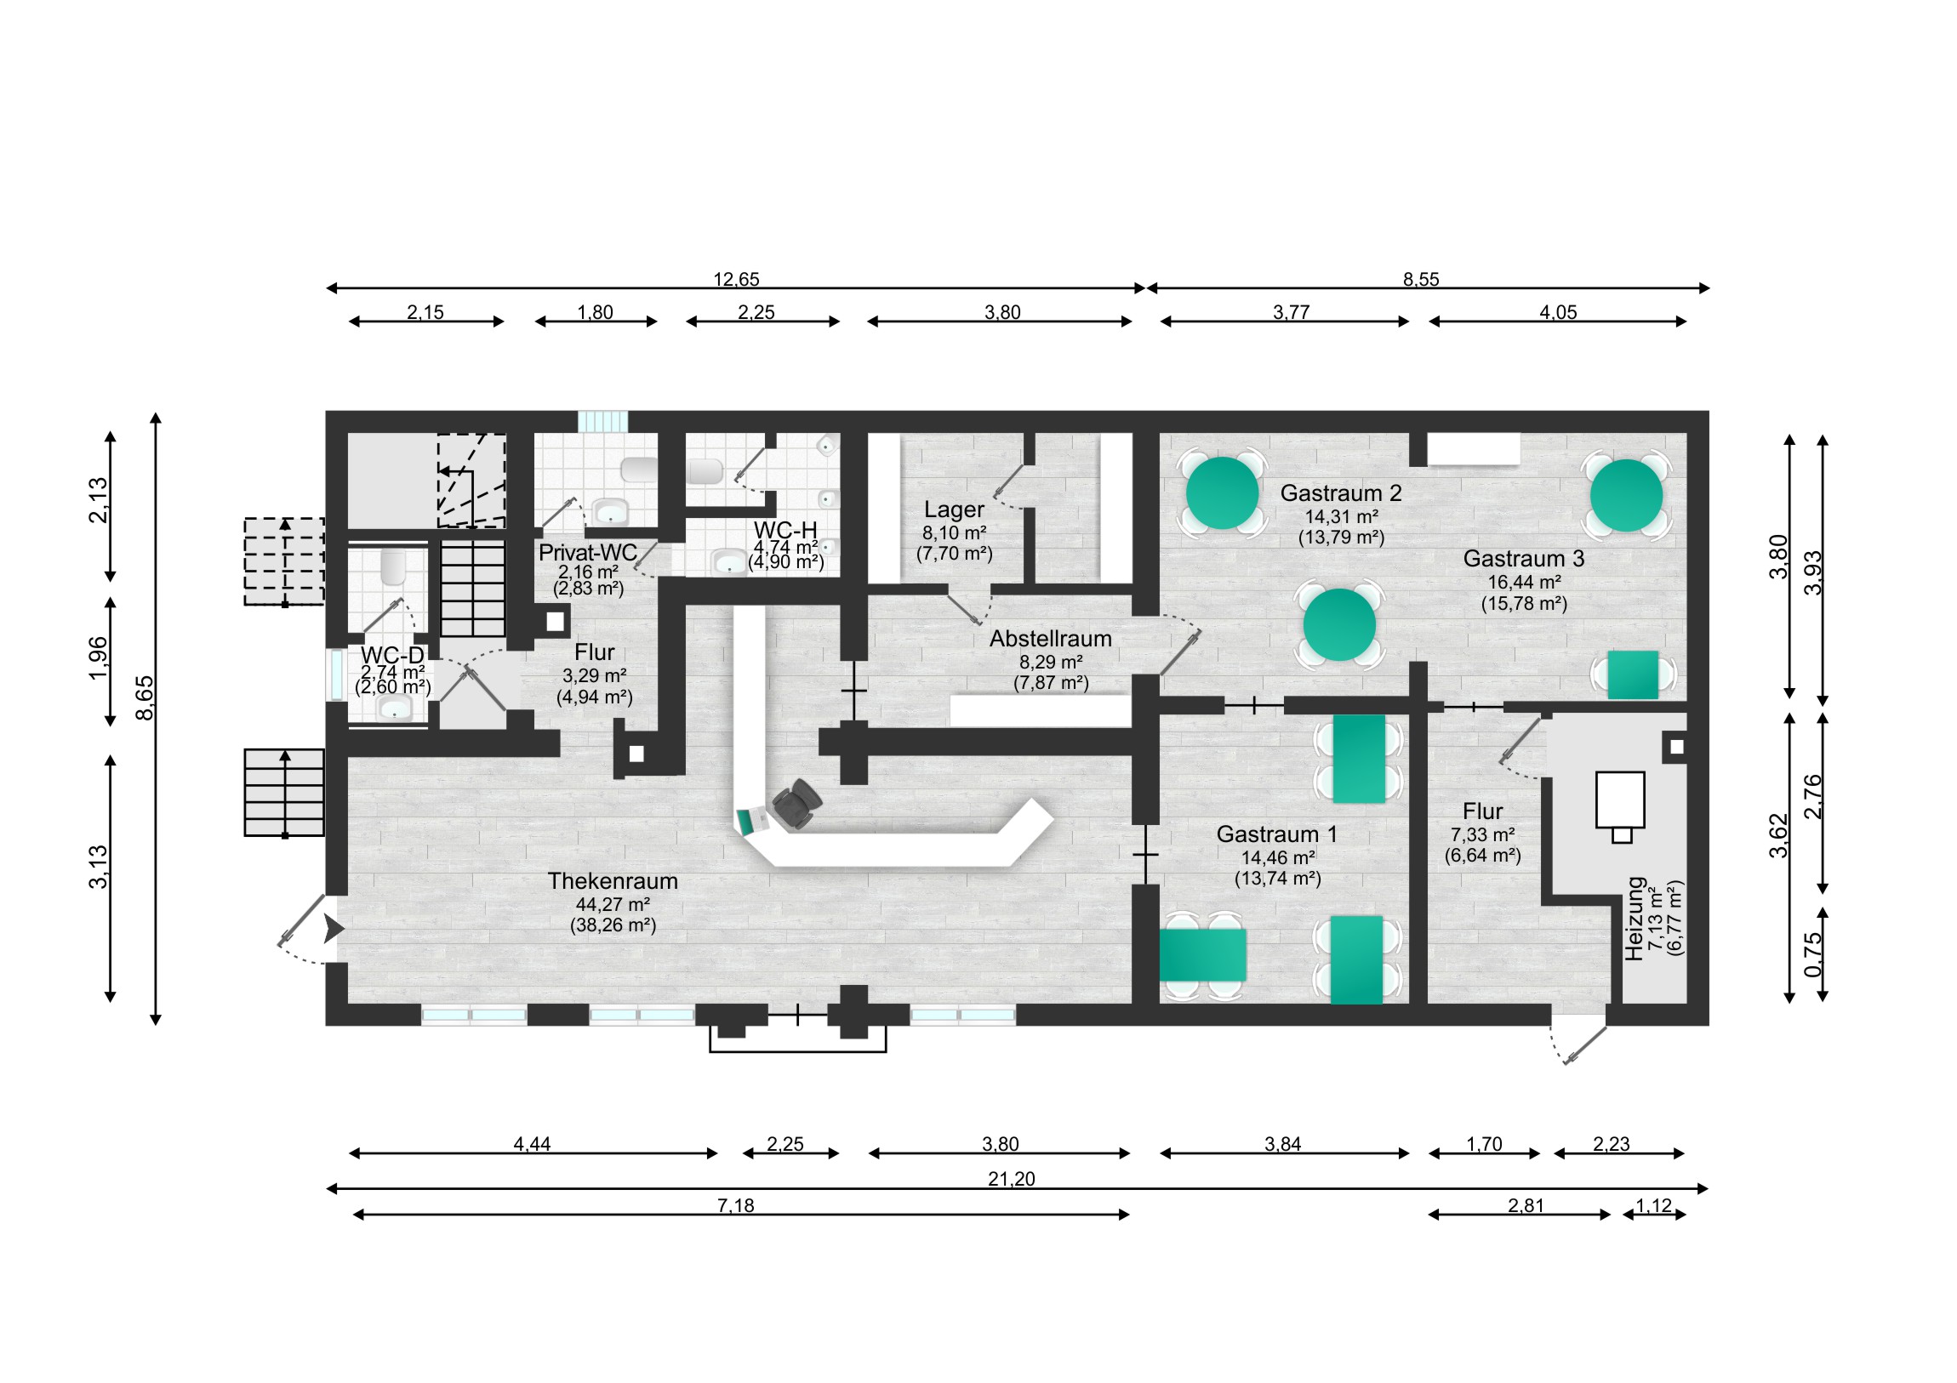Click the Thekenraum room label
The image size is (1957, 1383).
(612, 881)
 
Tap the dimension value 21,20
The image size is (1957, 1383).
(1011, 1179)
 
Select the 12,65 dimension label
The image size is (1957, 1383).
(736, 279)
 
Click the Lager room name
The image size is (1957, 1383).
(954, 509)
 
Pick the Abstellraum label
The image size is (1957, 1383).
(1050, 638)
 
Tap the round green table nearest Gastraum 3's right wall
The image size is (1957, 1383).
(1625, 495)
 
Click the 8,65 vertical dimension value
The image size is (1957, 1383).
(145, 698)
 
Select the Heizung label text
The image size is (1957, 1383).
(1634, 919)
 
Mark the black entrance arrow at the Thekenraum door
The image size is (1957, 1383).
(333, 930)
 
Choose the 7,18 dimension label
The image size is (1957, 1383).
(735, 1205)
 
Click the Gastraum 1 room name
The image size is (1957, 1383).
(1276, 834)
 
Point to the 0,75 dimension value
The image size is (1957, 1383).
(1812, 954)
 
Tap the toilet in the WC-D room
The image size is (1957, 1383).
(392, 566)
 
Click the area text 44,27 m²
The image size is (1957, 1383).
(612, 904)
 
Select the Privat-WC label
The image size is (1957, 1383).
(587, 552)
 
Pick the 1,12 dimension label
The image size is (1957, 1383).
(1653, 1205)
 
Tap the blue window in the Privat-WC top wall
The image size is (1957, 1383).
(602, 421)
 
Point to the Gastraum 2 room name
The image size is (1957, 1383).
(1341, 493)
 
